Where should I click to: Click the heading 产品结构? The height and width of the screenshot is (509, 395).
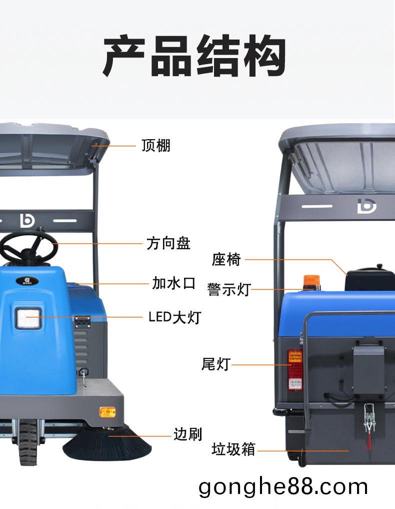tap(194, 56)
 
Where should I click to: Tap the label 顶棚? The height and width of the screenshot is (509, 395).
tap(155, 146)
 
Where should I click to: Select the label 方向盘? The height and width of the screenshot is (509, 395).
tap(168, 243)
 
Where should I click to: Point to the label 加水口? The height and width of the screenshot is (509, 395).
tap(174, 283)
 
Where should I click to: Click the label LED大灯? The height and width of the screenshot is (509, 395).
tap(175, 317)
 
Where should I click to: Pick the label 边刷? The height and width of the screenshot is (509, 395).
tap(188, 434)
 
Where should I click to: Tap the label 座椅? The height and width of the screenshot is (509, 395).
tap(226, 260)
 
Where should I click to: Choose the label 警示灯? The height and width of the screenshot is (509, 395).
tap(229, 289)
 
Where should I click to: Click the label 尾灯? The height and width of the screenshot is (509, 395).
tap(216, 364)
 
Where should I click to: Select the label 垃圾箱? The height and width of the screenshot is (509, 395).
tap(233, 449)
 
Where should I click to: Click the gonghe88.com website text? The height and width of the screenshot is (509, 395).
tap(283, 487)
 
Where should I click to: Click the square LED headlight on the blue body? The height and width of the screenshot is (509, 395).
tap(28, 318)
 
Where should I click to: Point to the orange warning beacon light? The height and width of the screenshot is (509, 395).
tap(311, 282)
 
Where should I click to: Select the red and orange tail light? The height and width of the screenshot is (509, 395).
tap(295, 370)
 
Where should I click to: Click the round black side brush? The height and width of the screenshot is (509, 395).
tap(107, 444)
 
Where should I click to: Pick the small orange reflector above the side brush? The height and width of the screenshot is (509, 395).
tap(107, 412)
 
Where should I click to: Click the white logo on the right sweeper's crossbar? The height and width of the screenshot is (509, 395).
tap(367, 206)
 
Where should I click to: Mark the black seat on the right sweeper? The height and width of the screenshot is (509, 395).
tap(369, 279)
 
